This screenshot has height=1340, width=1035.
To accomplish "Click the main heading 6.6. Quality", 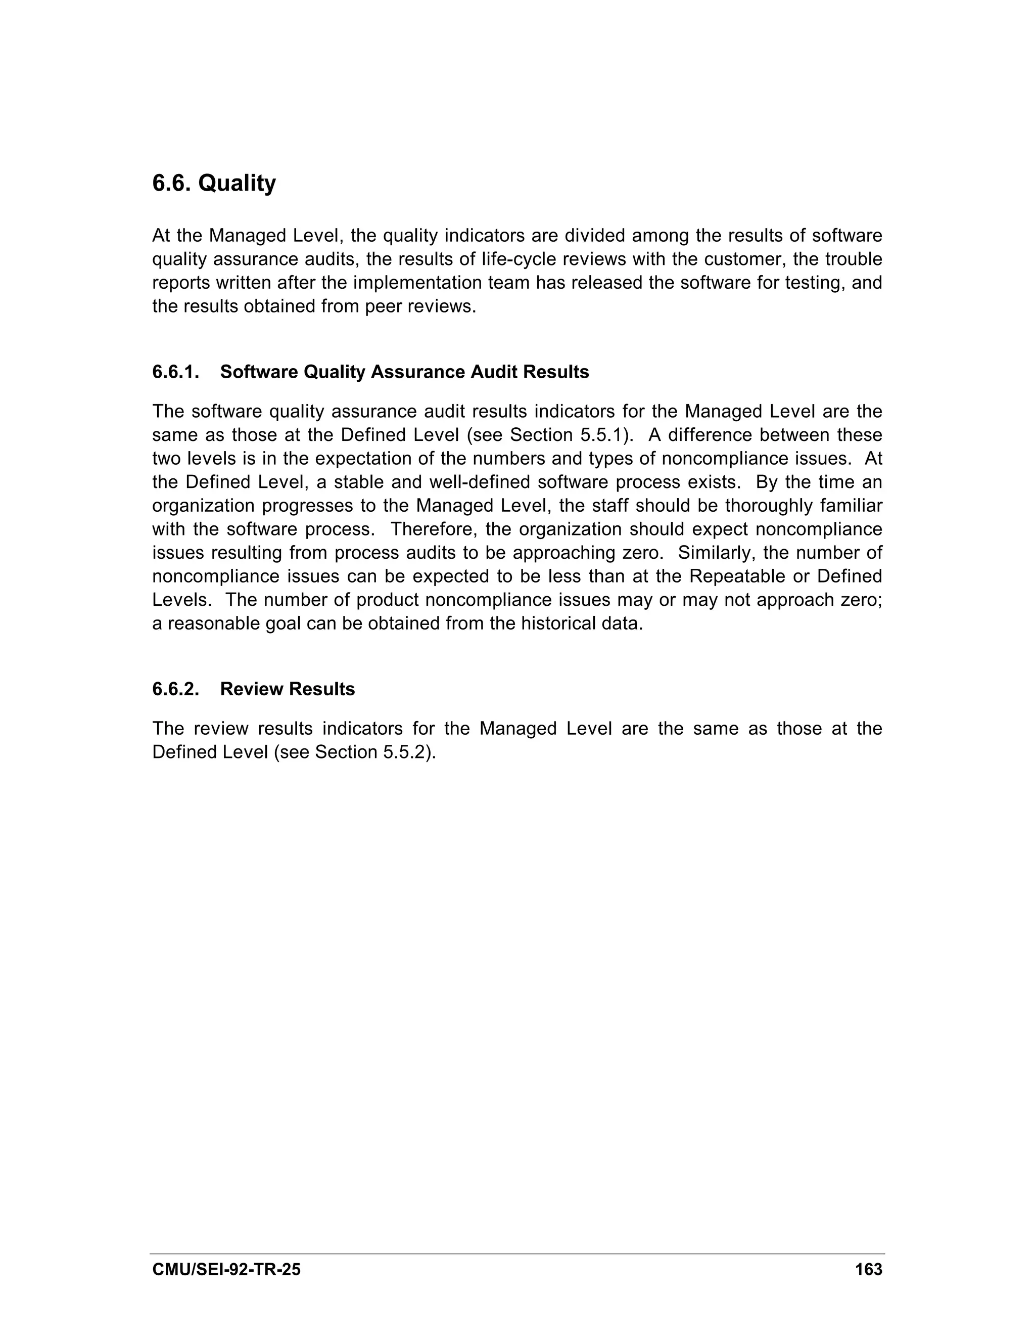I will tap(214, 183).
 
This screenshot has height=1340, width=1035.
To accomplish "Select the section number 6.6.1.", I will tap(176, 372).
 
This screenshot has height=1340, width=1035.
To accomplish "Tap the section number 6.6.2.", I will tap(176, 689).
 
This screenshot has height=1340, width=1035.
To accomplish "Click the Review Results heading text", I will tap(287, 689).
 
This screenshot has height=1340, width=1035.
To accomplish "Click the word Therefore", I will tap(437, 529).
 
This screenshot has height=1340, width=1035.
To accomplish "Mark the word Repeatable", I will tap(741, 576).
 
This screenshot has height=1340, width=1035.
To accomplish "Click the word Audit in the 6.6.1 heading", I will tap(494, 372).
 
